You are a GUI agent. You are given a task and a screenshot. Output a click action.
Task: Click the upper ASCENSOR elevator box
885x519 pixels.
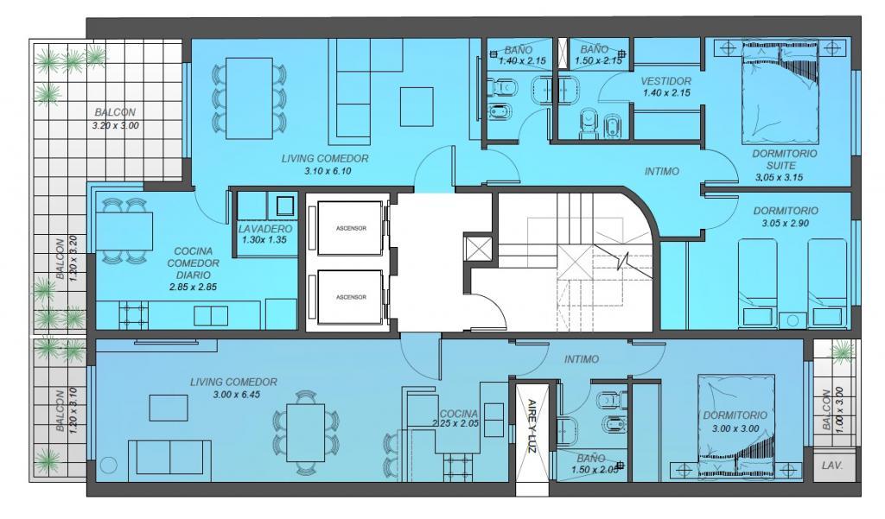click(351, 228)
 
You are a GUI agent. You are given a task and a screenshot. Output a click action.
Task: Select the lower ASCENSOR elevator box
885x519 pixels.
click(351, 297)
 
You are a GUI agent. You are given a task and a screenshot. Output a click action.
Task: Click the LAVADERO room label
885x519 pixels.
click(265, 229)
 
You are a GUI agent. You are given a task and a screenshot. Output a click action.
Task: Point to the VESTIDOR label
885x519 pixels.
click(666, 81)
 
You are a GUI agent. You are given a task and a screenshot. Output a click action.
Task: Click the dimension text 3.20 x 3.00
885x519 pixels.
click(116, 125)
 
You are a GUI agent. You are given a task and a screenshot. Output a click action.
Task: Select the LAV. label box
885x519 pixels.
click(832, 466)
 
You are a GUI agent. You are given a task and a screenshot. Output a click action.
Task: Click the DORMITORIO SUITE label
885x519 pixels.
click(784, 159)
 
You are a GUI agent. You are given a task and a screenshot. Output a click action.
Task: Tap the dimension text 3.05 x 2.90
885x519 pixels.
click(785, 223)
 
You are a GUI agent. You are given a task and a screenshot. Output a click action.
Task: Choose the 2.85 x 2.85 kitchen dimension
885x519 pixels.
click(193, 287)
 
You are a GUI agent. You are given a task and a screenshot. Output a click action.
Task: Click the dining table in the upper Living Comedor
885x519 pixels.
click(249, 98)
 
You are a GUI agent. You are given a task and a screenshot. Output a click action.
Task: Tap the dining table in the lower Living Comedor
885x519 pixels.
click(305, 433)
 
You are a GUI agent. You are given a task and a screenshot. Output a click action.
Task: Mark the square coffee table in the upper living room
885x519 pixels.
click(417, 106)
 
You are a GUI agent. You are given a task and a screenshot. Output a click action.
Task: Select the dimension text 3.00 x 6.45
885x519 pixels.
click(237, 395)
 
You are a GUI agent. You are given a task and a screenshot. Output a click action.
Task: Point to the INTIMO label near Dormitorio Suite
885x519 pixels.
click(661, 171)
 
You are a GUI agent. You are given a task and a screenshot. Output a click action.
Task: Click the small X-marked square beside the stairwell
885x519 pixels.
click(471, 247)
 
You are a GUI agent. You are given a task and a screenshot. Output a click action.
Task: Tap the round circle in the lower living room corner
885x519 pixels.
click(108, 465)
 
